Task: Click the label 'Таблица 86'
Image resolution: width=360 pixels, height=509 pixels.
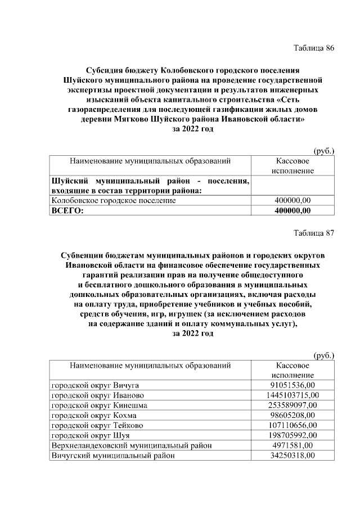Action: pos(314,48)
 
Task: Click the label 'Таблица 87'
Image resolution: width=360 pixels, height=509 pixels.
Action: pos(314,233)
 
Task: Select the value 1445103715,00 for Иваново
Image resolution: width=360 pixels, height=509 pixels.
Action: pos(292,395)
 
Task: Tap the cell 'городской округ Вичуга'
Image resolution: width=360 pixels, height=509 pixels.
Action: pos(95,385)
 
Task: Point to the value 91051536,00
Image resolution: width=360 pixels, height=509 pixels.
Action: pos(292,385)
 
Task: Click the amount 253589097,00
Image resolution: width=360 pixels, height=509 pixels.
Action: pos(292,406)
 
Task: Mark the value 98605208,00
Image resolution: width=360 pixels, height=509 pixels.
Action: pos(292,416)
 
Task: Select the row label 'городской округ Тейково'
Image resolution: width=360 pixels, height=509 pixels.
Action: pos(97,426)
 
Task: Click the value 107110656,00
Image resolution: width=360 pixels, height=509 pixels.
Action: pos(292,426)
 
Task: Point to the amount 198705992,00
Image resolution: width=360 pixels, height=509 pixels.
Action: pos(292,436)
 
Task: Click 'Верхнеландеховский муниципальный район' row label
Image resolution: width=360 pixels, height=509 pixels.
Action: pos(132,446)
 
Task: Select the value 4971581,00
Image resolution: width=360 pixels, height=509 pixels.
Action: pos(292,446)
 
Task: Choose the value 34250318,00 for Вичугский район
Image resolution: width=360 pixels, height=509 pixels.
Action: pos(292,456)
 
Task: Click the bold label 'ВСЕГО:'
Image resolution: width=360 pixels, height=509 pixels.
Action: pos(67,211)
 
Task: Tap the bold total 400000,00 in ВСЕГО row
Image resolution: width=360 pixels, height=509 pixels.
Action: pos(292,211)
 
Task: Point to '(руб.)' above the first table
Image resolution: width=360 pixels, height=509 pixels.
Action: pos(323,150)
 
